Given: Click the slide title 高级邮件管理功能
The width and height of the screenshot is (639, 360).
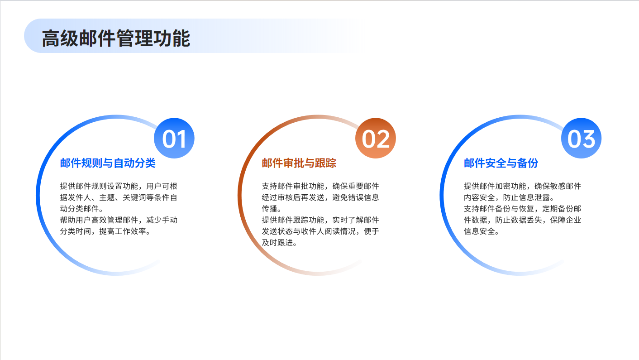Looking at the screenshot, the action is click(x=116, y=38).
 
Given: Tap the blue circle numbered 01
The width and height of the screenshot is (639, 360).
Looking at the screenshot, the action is click(x=174, y=138).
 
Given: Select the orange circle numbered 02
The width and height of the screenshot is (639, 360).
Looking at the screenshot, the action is click(x=376, y=138).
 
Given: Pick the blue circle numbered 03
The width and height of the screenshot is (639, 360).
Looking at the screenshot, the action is click(x=581, y=138).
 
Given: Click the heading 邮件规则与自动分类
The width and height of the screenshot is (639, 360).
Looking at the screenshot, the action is click(x=108, y=163).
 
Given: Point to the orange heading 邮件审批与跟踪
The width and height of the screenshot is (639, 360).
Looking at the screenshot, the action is click(x=299, y=163).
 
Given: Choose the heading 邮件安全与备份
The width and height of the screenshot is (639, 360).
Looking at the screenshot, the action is click(x=501, y=163).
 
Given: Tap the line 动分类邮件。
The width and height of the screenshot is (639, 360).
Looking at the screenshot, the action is click(x=81, y=209).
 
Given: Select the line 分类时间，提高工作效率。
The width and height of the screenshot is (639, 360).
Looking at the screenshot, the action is click(x=105, y=231).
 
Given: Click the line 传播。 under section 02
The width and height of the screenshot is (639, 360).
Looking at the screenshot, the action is click(x=272, y=209).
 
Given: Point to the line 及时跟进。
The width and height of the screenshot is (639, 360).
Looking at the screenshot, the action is click(x=279, y=243).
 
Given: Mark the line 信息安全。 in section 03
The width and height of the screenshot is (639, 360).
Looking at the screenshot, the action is click(x=481, y=231).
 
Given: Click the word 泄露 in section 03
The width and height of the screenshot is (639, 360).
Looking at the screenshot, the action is click(x=542, y=197).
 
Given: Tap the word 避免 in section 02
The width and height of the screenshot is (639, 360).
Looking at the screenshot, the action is click(x=340, y=197).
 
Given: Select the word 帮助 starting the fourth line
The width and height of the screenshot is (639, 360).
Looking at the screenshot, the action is click(x=67, y=220).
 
